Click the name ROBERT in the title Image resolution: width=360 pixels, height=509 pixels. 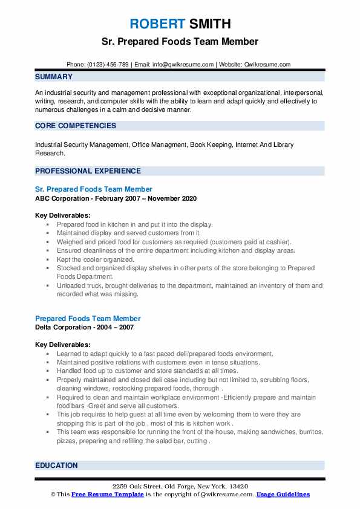tap(155, 24)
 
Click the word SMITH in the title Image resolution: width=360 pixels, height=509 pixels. tap(209, 24)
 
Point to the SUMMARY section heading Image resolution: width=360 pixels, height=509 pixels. tap(54, 77)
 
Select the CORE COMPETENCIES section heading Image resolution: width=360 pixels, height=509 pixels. tap(76, 126)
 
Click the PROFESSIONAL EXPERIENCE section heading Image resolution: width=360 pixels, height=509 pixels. tap(88, 171)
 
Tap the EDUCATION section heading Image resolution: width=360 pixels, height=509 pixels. tap(56, 465)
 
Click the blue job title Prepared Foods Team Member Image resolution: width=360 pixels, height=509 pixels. tap(88, 319)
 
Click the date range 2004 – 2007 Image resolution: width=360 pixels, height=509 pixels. tap(116, 328)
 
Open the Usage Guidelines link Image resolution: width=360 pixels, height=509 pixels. tap(283, 494)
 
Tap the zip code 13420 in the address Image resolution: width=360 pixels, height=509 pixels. tap(238, 487)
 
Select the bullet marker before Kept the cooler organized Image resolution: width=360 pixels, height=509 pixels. tap(47, 259)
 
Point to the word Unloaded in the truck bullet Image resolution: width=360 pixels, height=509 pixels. tap(71, 285)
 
